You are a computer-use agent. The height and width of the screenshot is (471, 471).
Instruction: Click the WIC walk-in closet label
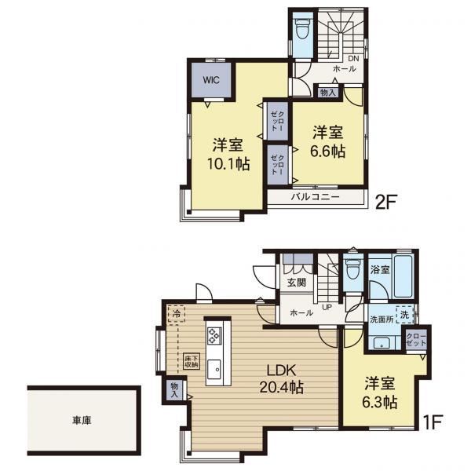(x=211, y=80)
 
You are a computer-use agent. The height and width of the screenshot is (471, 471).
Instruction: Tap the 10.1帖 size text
(x=228, y=164)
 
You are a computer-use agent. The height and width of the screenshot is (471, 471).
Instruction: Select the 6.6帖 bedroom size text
(x=327, y=151)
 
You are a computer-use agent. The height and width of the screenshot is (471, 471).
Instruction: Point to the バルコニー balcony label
(x=315, y=197)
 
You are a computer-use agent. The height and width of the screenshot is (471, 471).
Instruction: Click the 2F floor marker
(x=386, y=202)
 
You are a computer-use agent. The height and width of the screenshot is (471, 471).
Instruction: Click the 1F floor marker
(x=433, y=422)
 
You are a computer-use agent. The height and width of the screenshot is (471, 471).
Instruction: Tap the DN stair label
(x=353, y=59)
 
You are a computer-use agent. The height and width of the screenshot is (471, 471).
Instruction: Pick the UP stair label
(x=327, y=307)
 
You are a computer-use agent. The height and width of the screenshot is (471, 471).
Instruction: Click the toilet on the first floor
(x=352, y=269)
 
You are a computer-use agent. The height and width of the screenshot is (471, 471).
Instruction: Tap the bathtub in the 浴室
(x=403, y=276)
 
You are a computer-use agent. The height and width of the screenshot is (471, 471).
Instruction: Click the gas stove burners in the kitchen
(x=214, y=335)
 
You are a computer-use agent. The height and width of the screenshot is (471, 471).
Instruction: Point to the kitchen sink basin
(x=214, y=370)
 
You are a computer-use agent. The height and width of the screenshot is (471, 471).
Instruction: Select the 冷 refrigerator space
(x=177, y=314)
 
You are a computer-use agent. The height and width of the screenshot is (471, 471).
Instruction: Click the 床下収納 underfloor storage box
(x=191, y=361)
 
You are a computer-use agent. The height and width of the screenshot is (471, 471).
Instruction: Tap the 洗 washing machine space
(x=404, y=315)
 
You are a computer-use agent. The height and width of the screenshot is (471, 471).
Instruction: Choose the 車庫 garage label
(x=82, y=420)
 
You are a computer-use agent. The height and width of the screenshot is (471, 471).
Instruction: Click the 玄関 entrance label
(x=297, y=282)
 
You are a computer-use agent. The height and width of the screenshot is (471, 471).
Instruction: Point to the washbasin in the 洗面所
(x=382, y=342)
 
